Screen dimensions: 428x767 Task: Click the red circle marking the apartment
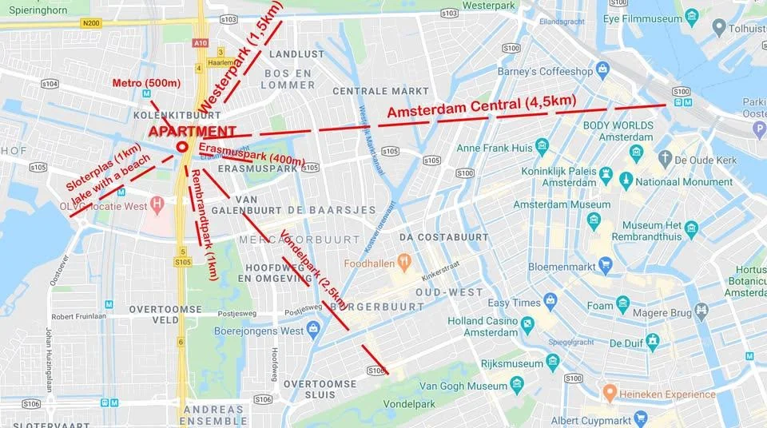click(182, 146)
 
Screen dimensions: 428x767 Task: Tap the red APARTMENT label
click(193, 132)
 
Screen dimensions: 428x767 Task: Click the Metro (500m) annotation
click(146, 83)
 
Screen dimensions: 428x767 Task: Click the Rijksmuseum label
click(488, 363)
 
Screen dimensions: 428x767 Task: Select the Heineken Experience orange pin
click(609, 393)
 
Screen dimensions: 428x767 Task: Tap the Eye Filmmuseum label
click(646, 17)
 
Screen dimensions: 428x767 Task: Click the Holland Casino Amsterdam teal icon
click(527, 323)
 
